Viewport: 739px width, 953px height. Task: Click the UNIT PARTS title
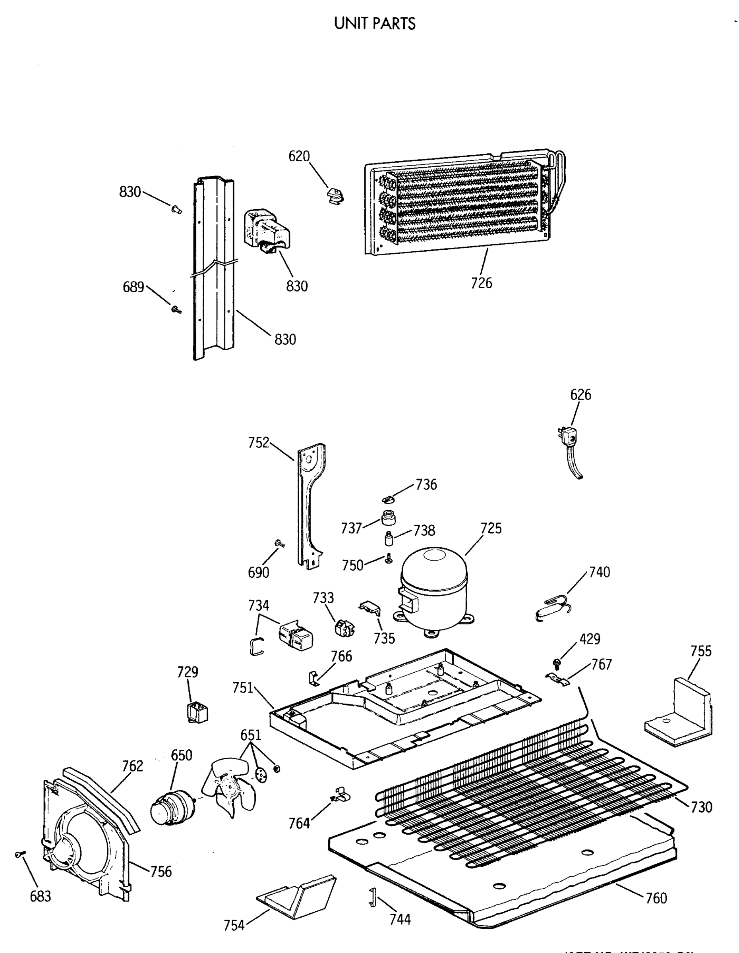point(374,23)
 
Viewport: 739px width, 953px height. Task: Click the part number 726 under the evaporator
point(482,283)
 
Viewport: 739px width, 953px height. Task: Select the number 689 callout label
point(133,287)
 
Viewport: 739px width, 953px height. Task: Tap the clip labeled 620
point(335,195)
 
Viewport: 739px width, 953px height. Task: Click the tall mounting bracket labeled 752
point(310,506)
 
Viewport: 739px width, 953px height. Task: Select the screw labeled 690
point(279,544)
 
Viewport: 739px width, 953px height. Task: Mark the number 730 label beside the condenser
point(701,807)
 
